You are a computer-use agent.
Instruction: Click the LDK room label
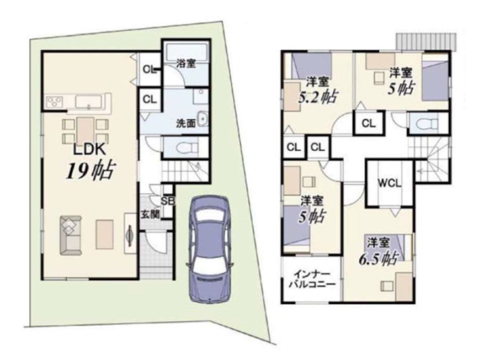89,150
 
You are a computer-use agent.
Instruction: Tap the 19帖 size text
91,171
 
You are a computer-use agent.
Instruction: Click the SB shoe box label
168,201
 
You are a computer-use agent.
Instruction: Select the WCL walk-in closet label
389,183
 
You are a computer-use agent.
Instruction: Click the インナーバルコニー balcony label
312,279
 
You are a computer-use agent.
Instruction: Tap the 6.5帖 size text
378,258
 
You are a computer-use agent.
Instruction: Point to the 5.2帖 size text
318,96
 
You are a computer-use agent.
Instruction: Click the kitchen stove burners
55,102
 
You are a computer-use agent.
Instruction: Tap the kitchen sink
88,102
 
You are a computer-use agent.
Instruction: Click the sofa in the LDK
71,235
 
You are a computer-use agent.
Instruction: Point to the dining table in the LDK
85,131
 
